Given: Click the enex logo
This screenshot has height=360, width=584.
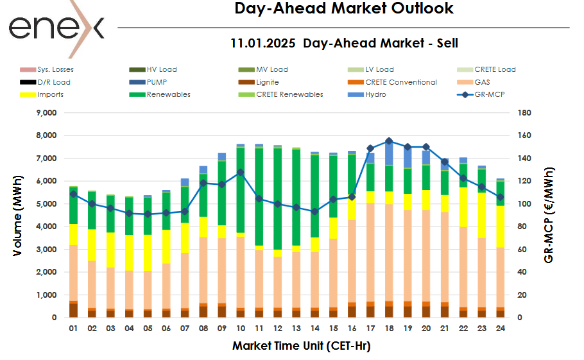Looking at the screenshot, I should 56,27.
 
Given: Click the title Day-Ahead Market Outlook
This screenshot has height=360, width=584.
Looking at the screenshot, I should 343,8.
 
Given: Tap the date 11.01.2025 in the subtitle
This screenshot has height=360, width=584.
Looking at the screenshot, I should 263,44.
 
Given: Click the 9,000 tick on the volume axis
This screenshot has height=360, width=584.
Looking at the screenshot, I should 45,113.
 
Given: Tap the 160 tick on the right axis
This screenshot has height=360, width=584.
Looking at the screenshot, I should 524,135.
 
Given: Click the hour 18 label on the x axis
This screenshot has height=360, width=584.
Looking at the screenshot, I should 389,328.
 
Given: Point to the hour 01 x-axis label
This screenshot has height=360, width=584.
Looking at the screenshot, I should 73,328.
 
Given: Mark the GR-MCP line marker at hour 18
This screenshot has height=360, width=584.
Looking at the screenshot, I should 389,141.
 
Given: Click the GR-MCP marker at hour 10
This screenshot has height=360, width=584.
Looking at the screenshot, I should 240,172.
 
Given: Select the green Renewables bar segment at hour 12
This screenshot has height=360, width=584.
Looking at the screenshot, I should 277,199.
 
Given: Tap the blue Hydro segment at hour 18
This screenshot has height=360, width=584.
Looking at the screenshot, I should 389,154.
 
